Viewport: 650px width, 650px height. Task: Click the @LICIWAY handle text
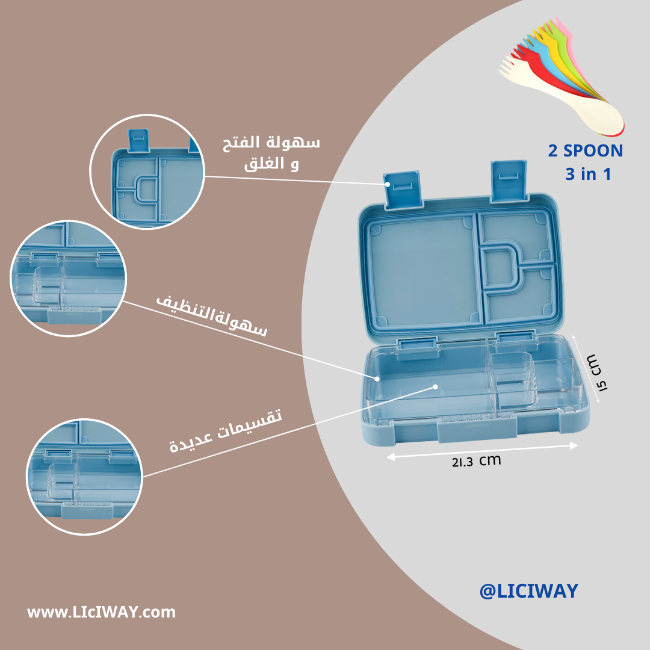tap(528, 591)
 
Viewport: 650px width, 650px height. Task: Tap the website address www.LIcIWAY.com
tap(101, 613)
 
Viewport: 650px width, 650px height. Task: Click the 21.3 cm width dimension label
tap(476, 461)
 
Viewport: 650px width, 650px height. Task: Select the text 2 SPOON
tap(585, 150)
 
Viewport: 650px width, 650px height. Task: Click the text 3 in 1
tap(588, 175)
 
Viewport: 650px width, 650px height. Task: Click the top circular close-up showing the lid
tap(147, 172)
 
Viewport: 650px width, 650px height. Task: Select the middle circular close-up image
tap(68, 279)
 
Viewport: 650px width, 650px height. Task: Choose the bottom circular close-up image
tap(84, 475)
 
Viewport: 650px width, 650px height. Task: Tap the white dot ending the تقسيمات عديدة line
tap(435, 386)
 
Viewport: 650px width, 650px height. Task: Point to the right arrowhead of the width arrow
tap(574, 445)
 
